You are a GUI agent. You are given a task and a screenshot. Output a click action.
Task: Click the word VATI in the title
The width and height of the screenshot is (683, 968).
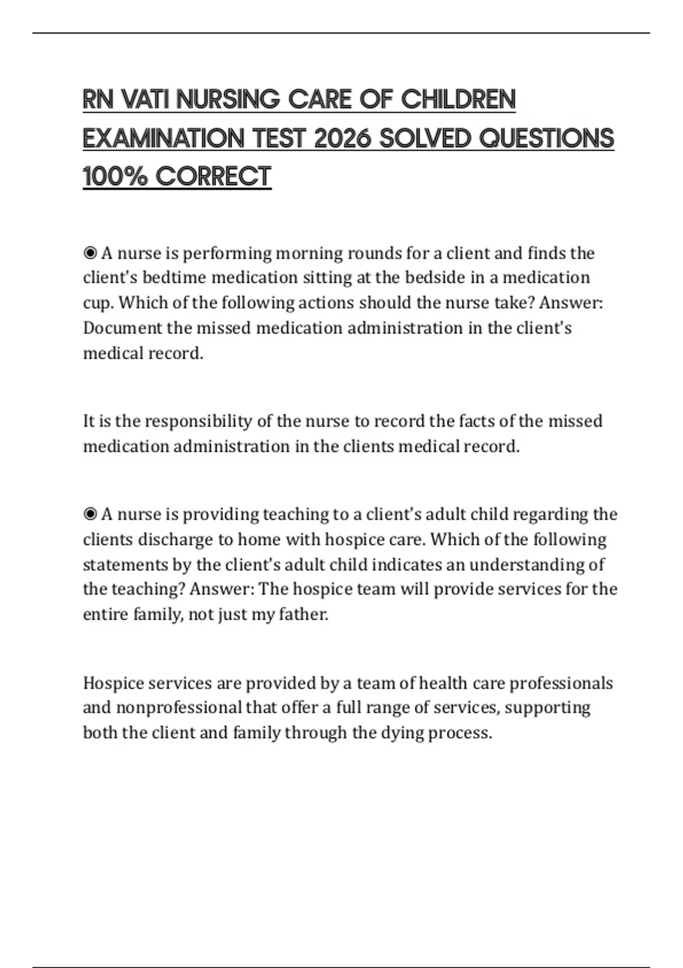(146, 100)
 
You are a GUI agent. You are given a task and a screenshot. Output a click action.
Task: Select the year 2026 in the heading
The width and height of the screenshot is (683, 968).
(342, 138)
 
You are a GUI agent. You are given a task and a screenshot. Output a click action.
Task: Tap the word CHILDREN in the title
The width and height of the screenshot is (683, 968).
(458, 100)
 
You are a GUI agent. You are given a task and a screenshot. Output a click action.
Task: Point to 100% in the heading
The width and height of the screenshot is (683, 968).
(115, 177)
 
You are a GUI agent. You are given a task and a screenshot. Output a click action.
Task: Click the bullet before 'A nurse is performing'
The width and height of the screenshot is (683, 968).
(90, 253)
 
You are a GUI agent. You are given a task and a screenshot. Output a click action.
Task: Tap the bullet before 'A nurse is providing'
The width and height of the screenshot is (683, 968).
(90, 515)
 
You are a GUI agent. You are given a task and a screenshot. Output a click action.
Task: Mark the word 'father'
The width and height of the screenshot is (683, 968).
(303, 614)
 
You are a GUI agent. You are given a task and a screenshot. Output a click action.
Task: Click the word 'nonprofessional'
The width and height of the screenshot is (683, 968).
(179, 708)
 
